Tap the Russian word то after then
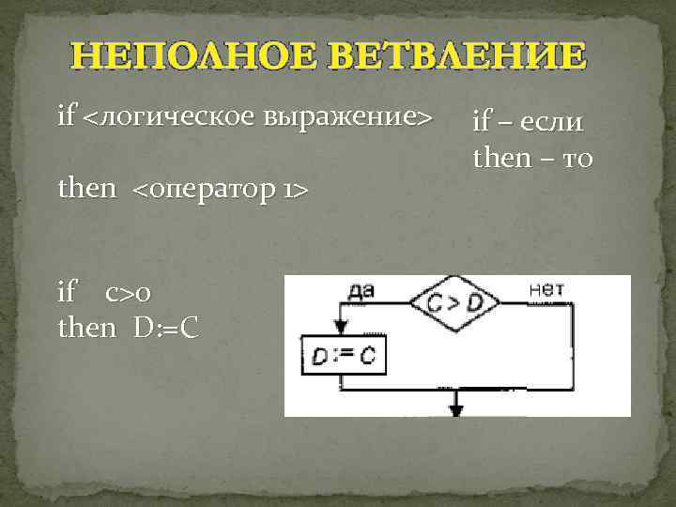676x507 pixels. click(574, 159)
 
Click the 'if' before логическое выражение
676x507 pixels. click(67, 118)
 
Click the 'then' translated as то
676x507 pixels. click(502, 159)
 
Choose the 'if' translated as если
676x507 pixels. click(482, 122)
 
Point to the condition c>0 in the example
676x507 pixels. click(127, 294)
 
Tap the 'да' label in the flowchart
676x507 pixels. click(361, 290)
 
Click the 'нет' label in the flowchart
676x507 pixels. click(546, 289)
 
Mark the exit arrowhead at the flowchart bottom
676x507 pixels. click(457, 407)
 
